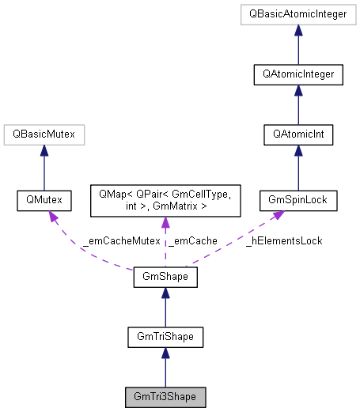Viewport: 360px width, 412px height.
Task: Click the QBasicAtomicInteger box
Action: [298, 15]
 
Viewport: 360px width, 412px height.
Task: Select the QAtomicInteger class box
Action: [298, 75]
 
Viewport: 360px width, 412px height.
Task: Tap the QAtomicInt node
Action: [298, 135]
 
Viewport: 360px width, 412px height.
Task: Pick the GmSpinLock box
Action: [298, 201]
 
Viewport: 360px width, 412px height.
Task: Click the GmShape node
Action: [165, 278]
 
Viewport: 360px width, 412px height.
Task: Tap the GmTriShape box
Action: [165, 338]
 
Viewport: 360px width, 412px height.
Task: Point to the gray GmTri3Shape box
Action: [165, 397]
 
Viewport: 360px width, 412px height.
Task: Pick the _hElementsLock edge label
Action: [284, 240]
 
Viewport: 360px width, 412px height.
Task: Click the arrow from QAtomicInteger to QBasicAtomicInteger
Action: [298, 45]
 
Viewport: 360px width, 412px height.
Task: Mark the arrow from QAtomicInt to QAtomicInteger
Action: [298, 105]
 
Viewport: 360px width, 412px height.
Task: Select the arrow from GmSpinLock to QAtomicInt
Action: [298, 168]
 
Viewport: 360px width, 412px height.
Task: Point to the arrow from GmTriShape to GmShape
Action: [165, 308]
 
